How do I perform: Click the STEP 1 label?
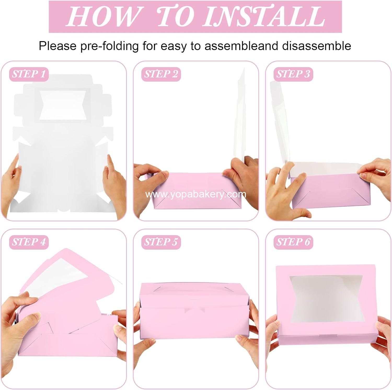(29, 74)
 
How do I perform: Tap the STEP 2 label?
(161, 74)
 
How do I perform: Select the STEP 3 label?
(293, 74)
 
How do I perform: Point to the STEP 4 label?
(29, 242)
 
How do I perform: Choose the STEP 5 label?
(161, 242)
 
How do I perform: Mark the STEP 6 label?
(293, 242)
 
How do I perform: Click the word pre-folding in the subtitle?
(109, 46)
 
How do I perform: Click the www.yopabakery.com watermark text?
(196, 194)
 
